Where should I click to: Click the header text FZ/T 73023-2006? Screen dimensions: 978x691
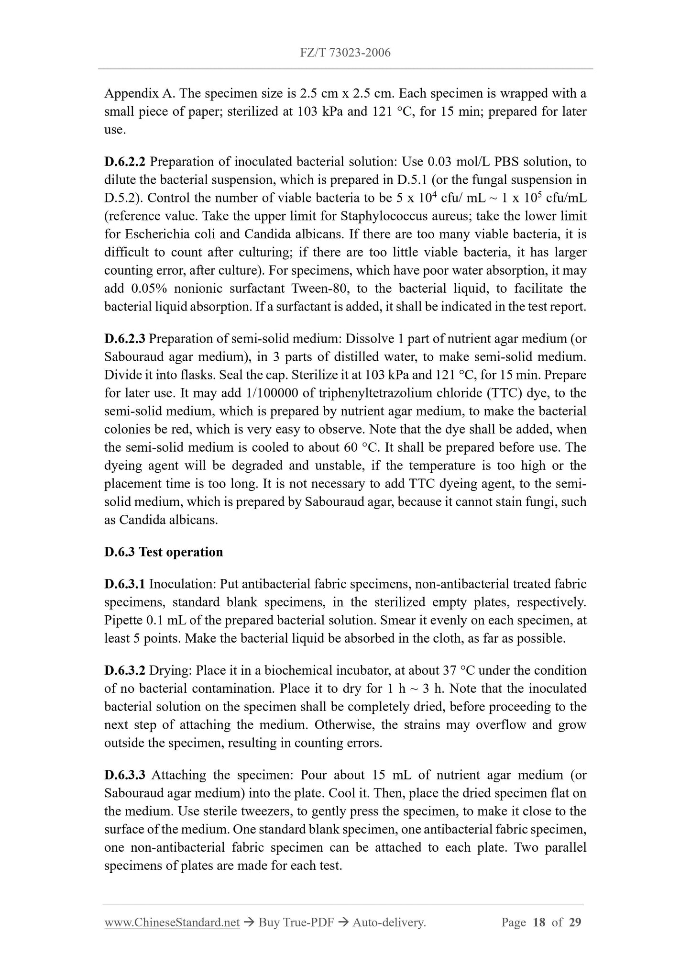(x=345, y=53)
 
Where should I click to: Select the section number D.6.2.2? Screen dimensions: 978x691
(x=124, y=162)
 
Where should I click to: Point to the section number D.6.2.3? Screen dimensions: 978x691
(x=124, y=339)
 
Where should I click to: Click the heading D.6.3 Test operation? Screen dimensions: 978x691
(x=164, y=552)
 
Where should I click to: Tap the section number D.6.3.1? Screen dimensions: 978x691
(x=124, y=584)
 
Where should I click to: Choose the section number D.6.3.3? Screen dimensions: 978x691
(x=125, y=775)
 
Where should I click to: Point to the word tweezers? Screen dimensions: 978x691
(x=210, y=811)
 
